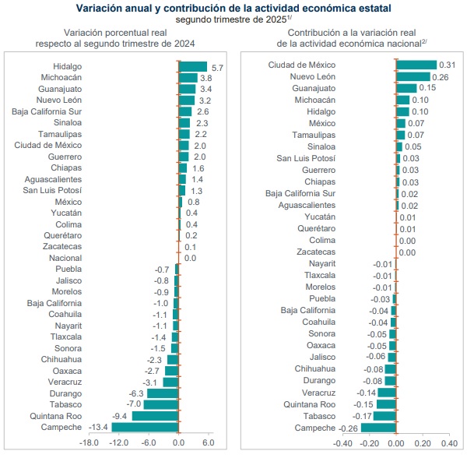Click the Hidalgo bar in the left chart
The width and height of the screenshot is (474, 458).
pyautogui.click(x=193, y=67)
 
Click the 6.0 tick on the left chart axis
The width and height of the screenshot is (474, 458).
pyautogui.click(x=208, y=442)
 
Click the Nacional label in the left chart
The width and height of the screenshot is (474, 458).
pyautogui.click(x=65, y=258)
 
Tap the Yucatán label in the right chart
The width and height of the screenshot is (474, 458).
pyautogui.click(x=320, y=217)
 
